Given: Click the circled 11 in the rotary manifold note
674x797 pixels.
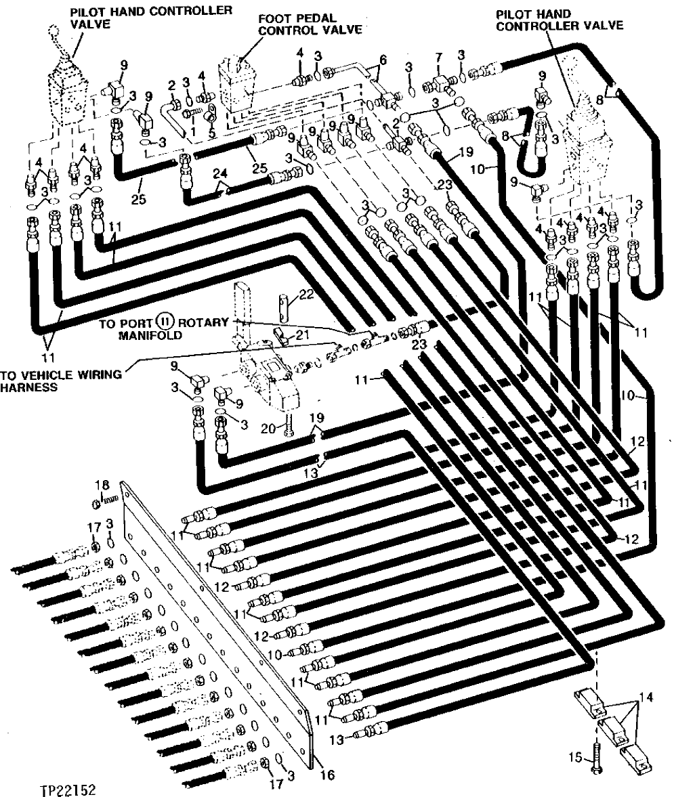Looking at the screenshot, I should [x=163, y=322].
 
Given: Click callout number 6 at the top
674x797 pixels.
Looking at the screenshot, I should [x=383, y=60].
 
